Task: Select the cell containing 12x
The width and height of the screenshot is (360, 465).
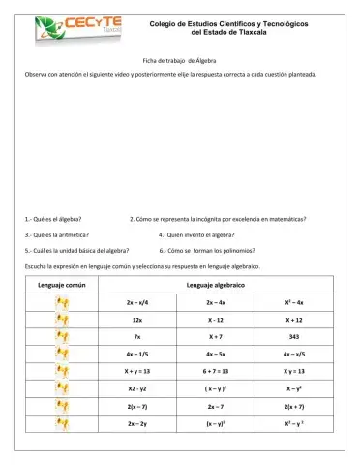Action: point(138,318)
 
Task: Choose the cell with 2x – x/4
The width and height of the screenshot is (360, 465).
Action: point(138,302)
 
